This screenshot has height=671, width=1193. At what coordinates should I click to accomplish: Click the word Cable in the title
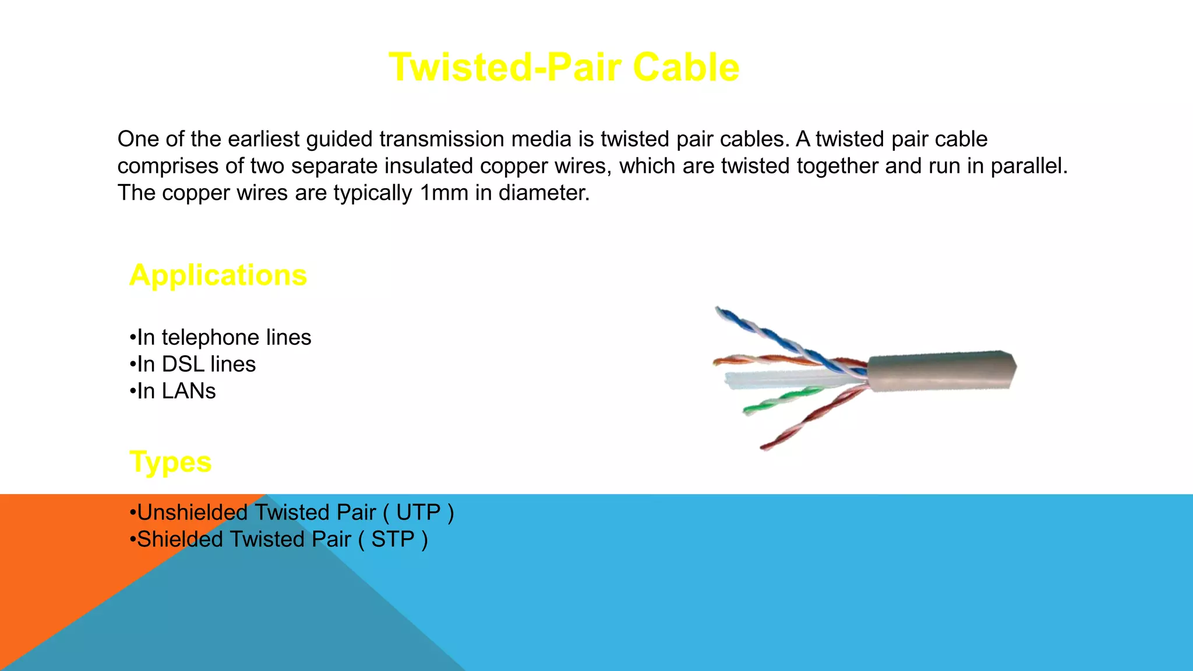pyautogui.click(x=686, y=68)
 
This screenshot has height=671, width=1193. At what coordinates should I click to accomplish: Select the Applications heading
pyautogui.click(x=218, y=275)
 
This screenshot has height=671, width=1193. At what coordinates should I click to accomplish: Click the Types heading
pyautogui.click(x=170, y=462)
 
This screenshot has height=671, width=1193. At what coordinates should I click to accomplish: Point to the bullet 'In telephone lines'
pyautogui.click(x=221, y=338)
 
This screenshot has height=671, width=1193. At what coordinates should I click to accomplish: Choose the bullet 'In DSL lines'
pyautogui.click(x=193, y=365)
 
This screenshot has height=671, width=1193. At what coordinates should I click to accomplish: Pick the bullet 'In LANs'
pyautogui.click(x=173, y=391)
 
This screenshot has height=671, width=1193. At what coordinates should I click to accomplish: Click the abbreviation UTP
pyautogui.click(x=418, y=513)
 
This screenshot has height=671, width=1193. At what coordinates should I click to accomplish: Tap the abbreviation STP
pyautogui.click(x=393, y=539)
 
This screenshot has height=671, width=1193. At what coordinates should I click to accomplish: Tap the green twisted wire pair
pyautogui.click(x=781, y=400)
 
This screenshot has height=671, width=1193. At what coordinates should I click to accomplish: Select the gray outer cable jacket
pyautogui.click(x=941, y=370)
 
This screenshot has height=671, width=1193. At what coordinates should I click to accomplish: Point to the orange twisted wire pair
pyautogui.click(x=769, y=359)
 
